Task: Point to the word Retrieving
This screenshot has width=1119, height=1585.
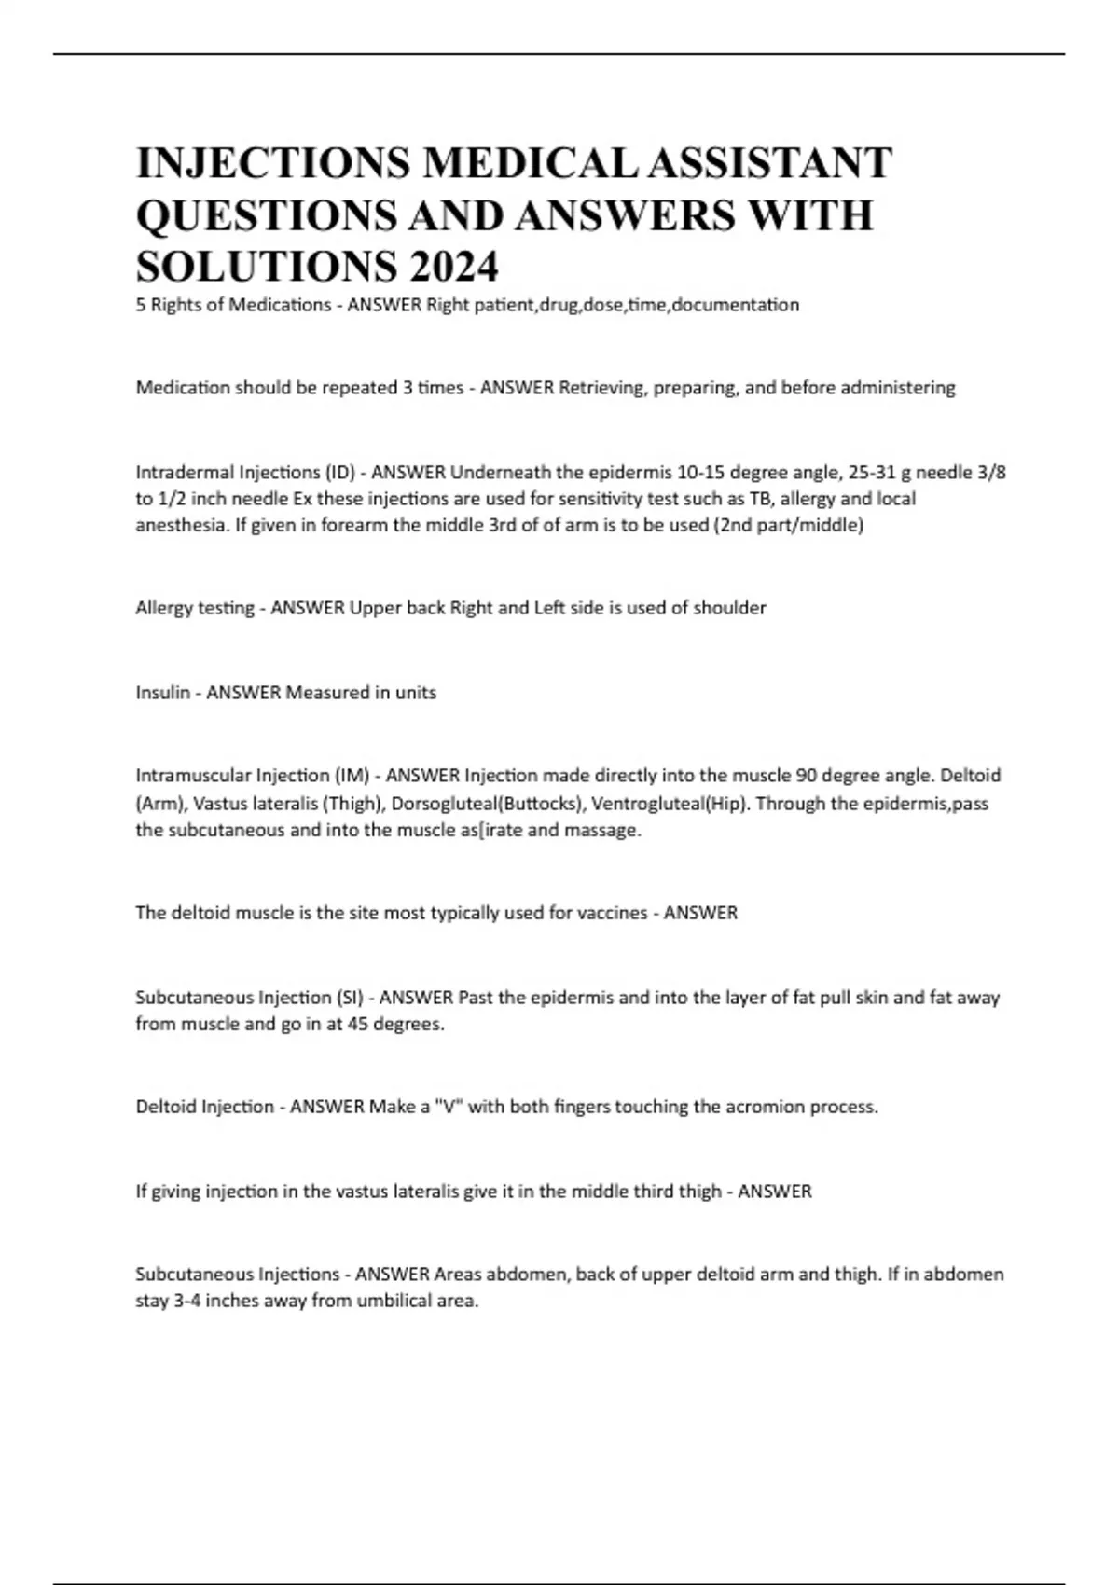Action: (601, 388)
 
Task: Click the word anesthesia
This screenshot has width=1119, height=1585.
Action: (181, 525)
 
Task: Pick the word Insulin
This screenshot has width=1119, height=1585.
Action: (162, 693)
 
